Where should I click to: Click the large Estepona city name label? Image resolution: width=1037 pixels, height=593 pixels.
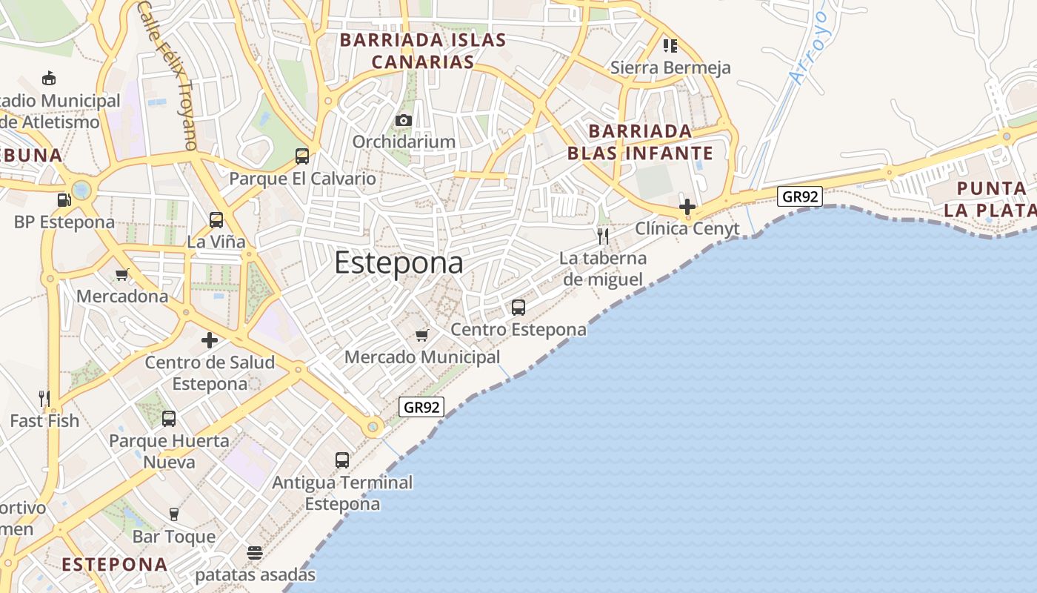[x=399, y=263]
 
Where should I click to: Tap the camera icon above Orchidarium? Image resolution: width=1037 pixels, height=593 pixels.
[x=404, y=120]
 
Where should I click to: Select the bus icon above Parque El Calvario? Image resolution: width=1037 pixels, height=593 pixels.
[x=302, y=156]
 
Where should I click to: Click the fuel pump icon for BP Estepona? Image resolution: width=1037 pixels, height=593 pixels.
[x=64, y=200]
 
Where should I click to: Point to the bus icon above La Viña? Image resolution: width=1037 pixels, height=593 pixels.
[x=216, y=220]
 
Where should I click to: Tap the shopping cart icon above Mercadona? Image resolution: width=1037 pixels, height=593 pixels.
[x=122, y=275]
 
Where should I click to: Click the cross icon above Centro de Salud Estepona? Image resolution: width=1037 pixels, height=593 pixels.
[x=210, y=340]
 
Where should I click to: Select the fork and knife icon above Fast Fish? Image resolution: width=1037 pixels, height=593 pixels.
[x=44, y=399]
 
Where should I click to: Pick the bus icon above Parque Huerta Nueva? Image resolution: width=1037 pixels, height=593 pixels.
[x=169, y=419]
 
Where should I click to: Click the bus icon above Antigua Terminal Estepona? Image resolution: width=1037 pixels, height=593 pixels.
[x=342, y=460]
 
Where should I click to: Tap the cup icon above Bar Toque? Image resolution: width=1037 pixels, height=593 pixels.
[x=174, y=514]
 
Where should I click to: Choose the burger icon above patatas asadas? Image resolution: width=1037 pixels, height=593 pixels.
[x=255, y=553]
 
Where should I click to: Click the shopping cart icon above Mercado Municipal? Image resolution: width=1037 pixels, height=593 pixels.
[x=422, y=336]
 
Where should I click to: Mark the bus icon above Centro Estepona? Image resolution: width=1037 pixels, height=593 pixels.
[x=518, y=307]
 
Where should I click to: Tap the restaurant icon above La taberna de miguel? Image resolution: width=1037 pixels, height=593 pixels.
[x=603, y=236]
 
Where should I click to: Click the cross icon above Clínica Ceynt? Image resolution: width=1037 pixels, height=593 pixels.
[x=687, y=206]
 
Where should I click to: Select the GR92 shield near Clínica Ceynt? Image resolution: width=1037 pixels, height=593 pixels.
[x=800, y=196]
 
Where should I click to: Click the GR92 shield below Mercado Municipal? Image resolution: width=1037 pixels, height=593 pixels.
[x=421, y=406]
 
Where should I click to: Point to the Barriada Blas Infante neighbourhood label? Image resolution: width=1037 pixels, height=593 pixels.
[x=640, y=142]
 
